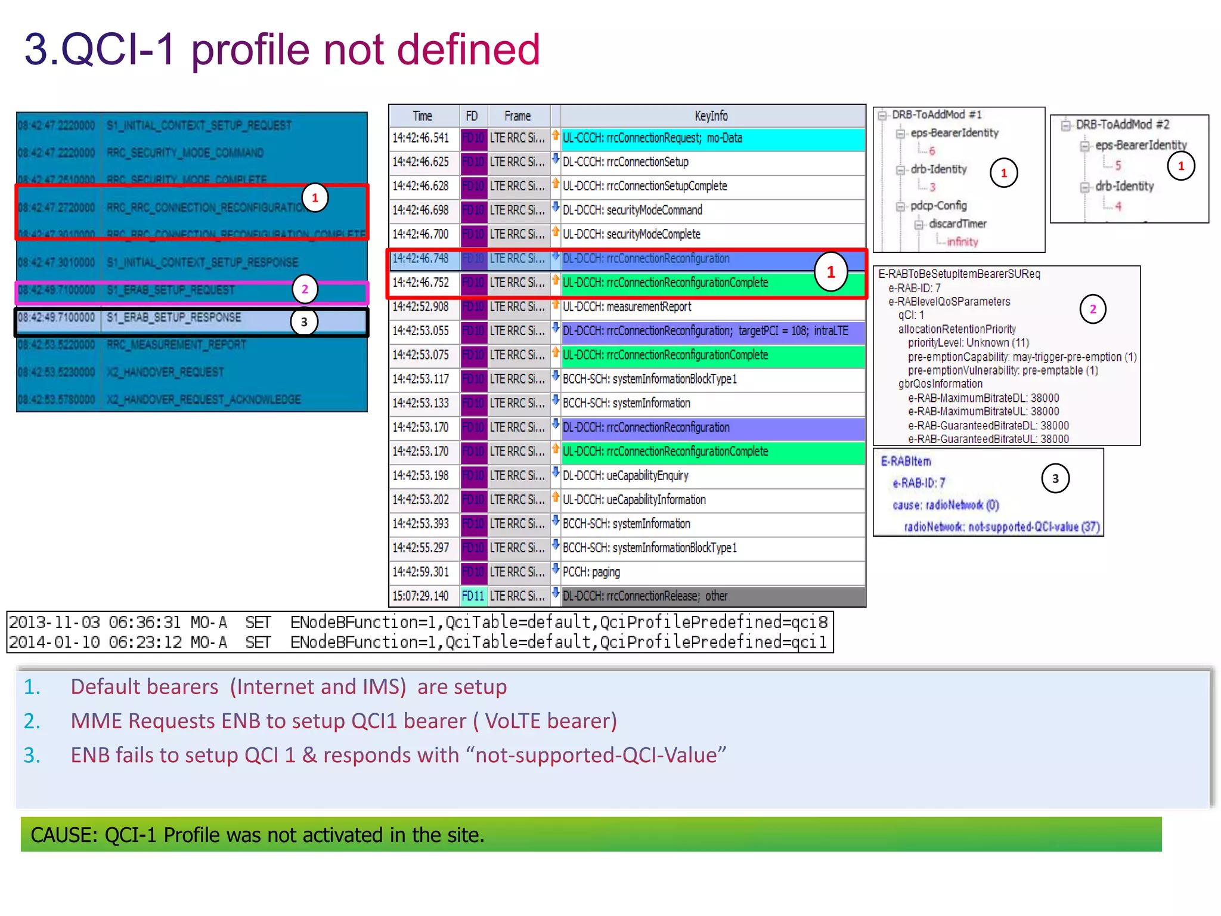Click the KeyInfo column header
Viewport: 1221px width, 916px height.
point(711,116)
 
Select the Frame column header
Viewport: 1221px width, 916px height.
point(517,116)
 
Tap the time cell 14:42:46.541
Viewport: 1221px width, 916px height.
point(421,138)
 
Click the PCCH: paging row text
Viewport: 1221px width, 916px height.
point(591,572)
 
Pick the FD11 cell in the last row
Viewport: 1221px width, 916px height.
point(473,596)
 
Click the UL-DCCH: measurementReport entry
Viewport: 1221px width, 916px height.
point(627,307)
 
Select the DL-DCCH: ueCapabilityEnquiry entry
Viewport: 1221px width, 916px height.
point(625,475)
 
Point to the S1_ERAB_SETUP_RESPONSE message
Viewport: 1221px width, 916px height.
point(174,317)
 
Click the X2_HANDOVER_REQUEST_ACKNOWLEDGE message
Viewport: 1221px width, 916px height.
point(204,400)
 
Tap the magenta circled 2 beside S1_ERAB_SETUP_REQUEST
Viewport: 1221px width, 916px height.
point(305,289)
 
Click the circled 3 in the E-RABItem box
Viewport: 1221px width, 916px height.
point(1055,478)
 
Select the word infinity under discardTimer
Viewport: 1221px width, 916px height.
point(962,242)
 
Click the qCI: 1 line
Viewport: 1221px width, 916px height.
point(911,315)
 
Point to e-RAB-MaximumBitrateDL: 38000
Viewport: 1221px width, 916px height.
point(984,398)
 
